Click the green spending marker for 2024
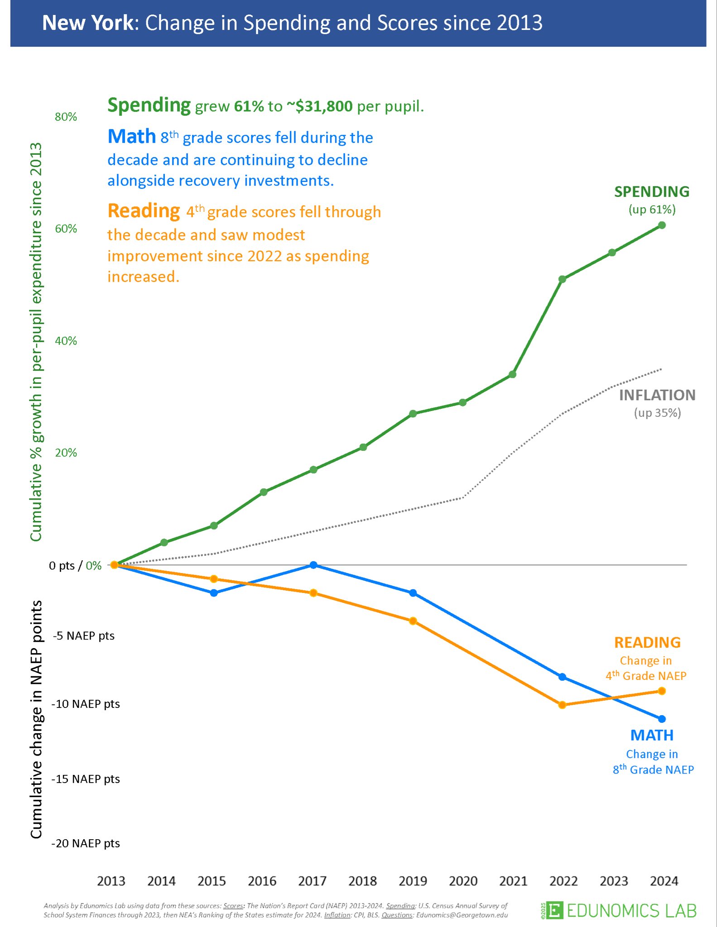(662, 225)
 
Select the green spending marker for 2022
(562, 279)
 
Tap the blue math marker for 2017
(313, 565)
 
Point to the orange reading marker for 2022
(562, 705)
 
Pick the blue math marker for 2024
(662, 719)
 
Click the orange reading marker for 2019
(413, 621)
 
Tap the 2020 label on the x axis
(463, 881)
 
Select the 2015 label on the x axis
(212, 881)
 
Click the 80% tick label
(66, 117)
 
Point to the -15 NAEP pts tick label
(86, 779)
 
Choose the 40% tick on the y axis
(66, 341)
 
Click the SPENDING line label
(652, 192)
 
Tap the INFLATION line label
(657, 395)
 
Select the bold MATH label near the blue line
(652, 735)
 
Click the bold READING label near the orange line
(647, 642)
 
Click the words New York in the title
(88, 23)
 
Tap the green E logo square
(554, 910)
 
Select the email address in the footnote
(462, 915)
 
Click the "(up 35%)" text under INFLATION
(657, 412)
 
